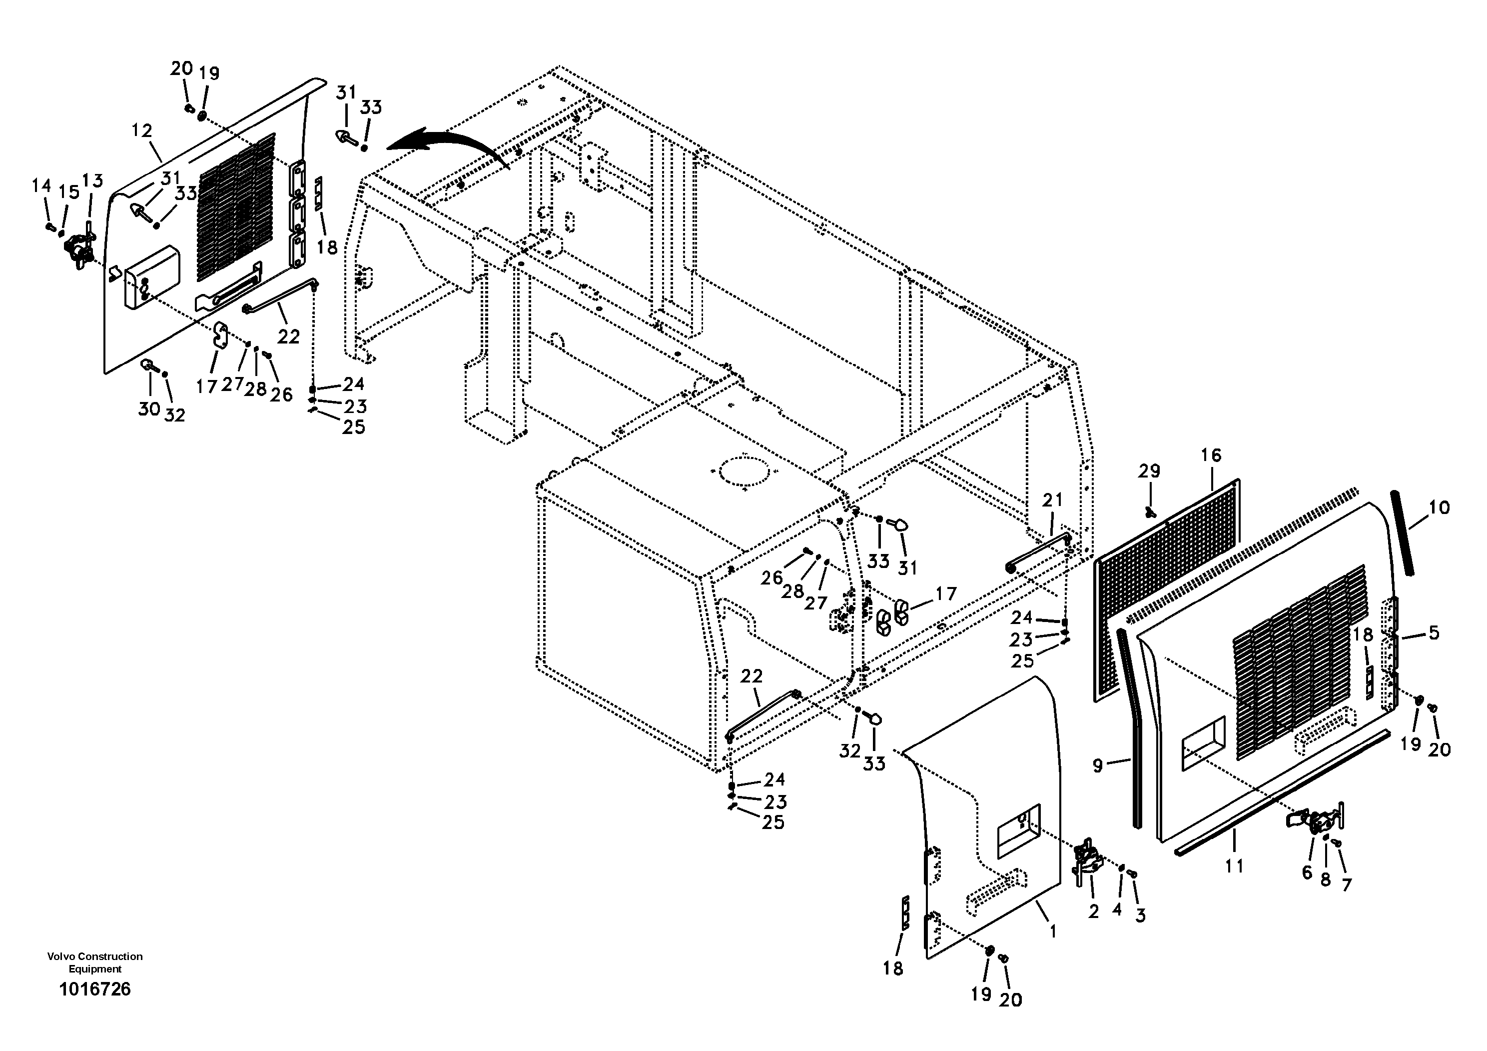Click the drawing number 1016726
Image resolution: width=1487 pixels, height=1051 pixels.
pos(94,989)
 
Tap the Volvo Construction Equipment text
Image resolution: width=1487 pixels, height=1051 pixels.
pos(94,962)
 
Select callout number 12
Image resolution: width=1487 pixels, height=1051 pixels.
pos(141,131)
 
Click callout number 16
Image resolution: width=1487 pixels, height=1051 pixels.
pos(1211,455)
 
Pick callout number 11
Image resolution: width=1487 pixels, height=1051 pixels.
pos(1234,865)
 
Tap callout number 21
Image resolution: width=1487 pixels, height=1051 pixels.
pos(1052,500)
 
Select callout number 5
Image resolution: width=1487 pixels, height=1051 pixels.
pos(1434,632)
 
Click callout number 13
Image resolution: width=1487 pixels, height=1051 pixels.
pos(92,181)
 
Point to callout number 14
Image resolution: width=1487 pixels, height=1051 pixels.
pos(41,186)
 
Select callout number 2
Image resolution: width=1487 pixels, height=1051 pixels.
pos(1094,911)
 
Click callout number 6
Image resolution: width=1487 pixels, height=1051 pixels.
pos(1307,872)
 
